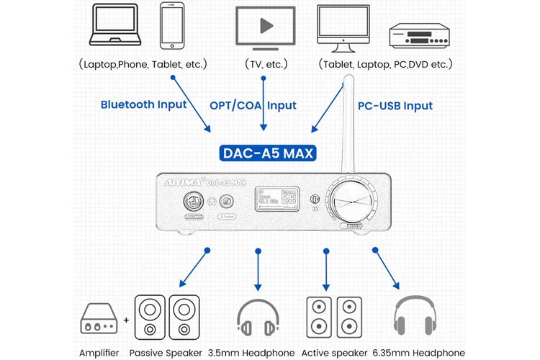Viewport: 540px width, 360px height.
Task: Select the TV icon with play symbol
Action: coord(266,28)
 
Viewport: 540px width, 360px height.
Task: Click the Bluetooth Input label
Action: coord(143,104)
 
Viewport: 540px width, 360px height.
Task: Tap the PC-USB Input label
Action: coord(395,106)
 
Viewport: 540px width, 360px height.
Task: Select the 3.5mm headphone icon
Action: coord(258,318)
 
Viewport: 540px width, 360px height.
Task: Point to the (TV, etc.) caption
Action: coord(266,64)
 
